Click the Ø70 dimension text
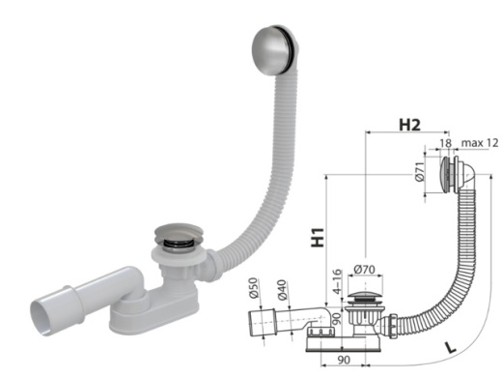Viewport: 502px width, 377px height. click(x=364, y=270)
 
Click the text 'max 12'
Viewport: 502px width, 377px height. click(x=472, y=143)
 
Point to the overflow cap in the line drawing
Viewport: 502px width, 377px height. click(x=446, y=178)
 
